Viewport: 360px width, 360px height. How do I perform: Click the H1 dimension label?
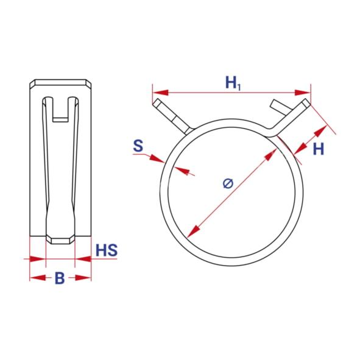point(233,83)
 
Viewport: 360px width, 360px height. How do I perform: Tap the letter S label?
point(138,146)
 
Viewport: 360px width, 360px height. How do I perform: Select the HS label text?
point(107,250)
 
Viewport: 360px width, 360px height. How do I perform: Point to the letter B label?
point(60,278)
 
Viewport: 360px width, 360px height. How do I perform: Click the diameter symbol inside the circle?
point(228,183)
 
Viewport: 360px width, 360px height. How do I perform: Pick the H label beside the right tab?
point(318,149)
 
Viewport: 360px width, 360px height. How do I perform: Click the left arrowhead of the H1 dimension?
point(160,93)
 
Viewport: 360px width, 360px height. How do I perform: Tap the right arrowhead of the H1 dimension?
point(302,93)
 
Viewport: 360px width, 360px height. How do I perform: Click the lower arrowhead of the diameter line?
point(193,231)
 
